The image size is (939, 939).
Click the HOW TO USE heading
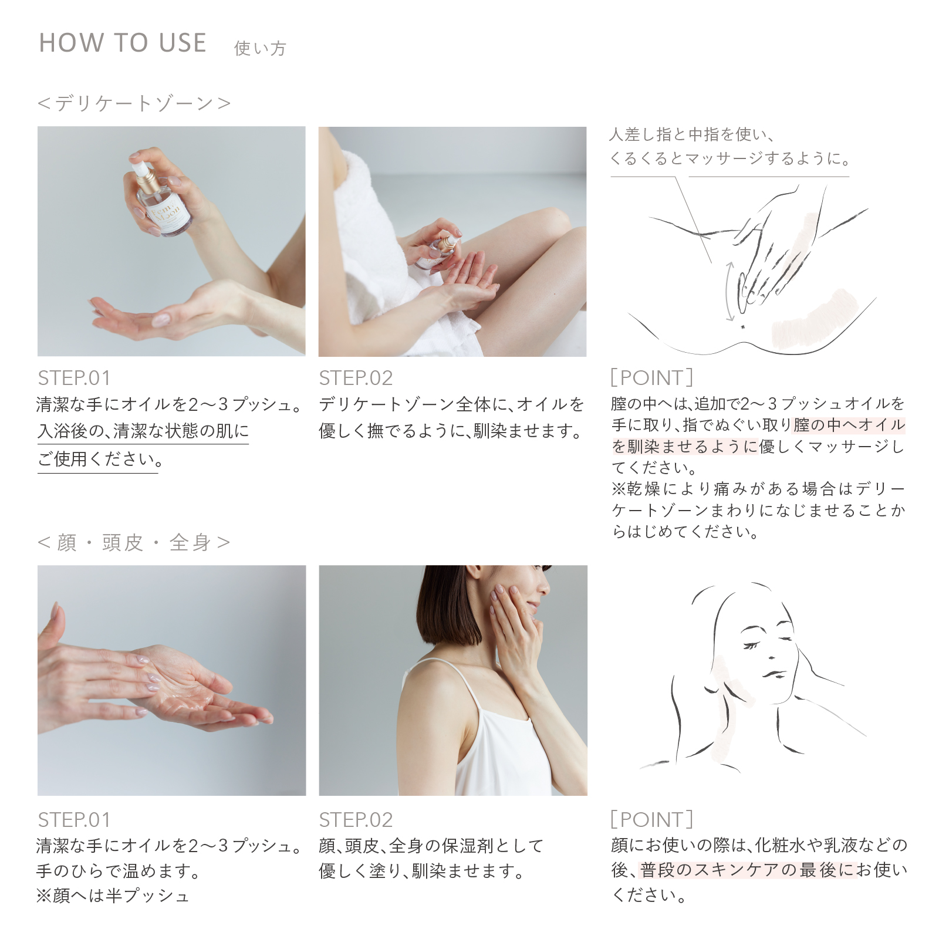coord(123,43)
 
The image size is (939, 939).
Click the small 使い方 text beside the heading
coord(260,48)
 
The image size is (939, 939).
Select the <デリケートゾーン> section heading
coord(134,103)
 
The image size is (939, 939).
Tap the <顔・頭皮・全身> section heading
coord(134,542)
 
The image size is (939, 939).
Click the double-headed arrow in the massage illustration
coord(729,291)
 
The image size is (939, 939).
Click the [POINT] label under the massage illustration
coord(652,377)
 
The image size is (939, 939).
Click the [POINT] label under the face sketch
coord(652,819)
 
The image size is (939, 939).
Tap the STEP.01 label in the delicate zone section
coord(74,378)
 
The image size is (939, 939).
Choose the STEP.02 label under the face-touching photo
coord(356,820)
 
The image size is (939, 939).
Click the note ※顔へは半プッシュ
coord(113,896)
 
